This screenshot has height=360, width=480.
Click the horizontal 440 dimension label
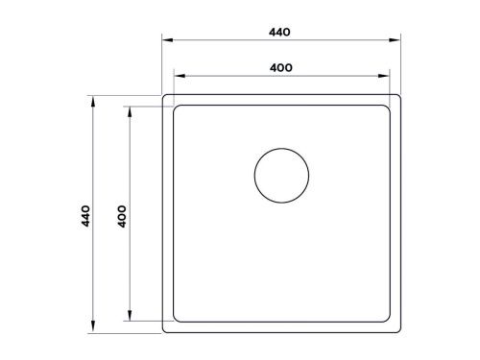point(279,32)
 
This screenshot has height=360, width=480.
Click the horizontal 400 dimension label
point(280,67)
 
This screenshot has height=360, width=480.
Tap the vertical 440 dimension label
point(84,215)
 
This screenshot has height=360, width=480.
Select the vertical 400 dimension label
point(123,215)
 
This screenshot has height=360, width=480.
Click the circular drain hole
point(281,175)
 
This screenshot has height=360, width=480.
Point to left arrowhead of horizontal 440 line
point(164,41)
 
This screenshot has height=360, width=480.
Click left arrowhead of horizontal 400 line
point(175,76)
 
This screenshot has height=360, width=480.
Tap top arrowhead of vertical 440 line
point(93,98)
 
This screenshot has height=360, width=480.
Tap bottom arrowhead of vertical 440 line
point(93,331)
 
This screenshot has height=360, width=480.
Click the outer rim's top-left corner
point(164,97)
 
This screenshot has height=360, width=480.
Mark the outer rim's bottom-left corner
point(164,332)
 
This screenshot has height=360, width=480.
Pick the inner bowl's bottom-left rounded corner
point(177,319)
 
